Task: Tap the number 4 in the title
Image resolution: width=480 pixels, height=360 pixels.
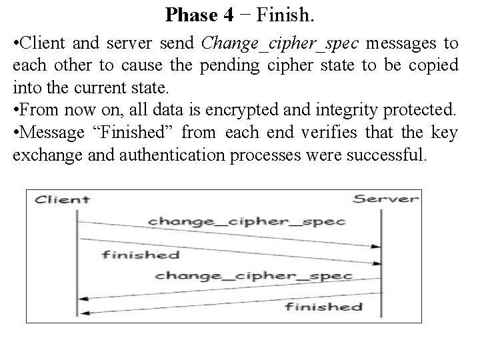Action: [x=229, y=14]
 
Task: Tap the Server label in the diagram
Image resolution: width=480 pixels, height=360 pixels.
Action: [x=386, y=199]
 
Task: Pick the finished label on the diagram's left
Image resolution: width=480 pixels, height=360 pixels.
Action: [x=141, y=254]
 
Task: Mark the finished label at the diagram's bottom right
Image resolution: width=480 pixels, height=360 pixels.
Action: [x=323, y=307]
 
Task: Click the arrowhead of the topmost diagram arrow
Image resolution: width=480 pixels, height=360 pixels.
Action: [x=376, y=246]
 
